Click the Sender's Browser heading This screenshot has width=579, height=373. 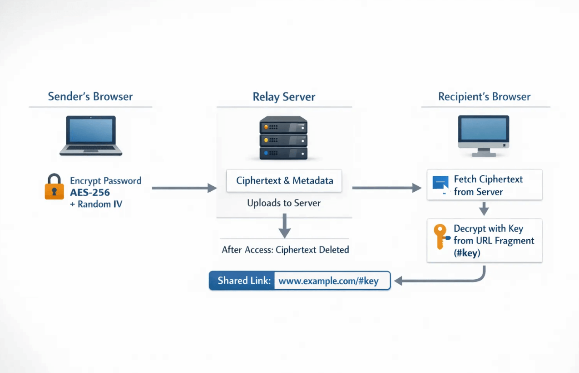pyautogui.click(x=90, y=97)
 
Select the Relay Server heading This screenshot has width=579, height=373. pyautogui.click(x=284, y=97)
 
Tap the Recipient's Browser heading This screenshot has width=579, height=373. pyautogui.click(x=484, y=97)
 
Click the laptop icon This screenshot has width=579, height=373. pyautogui.click(x=91, y=136)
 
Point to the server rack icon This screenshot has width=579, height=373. pyautogui.click(x=283, y=138)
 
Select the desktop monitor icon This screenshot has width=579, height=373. pyautogui.click(x=483, y=136)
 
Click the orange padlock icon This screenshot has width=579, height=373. pyautogui.click(x=54, y=187)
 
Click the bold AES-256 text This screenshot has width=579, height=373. pyautogui.click(x=90, y=192)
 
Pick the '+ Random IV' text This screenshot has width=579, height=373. pyautogui.click(x=96, y=204)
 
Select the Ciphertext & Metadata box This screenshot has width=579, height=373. pyautogui.click(x=284, y=181)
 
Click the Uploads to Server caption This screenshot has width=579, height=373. pyautogui.click(x=284, y=203)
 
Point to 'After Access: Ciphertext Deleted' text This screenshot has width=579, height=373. pyautogui.click(x=285, y=250)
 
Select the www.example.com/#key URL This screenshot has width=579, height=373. pyautogui.click(x=328, y=281)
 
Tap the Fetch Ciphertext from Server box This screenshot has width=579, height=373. pyautogui.click(x=484, y=185)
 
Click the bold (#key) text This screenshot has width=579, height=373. pyautogui.click(x=467, y=253)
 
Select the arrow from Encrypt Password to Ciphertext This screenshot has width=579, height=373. pyautogui.click(x=184, y=188)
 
